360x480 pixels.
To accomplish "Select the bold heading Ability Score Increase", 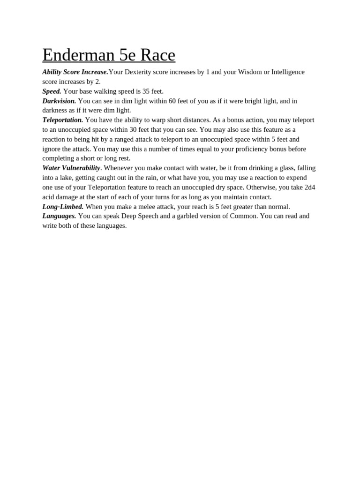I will tap(75, 72).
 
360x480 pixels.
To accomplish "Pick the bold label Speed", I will tap(52, 91).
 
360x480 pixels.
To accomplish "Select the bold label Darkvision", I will tap(59, 101).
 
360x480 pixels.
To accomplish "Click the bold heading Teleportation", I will tap(62, 120).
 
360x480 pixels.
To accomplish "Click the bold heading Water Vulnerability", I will tap(71, 168).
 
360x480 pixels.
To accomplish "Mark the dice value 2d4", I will tap(309, 187).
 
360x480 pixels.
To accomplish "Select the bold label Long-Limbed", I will tap(63, 207).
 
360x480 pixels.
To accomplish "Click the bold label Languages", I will tap(59, 216).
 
